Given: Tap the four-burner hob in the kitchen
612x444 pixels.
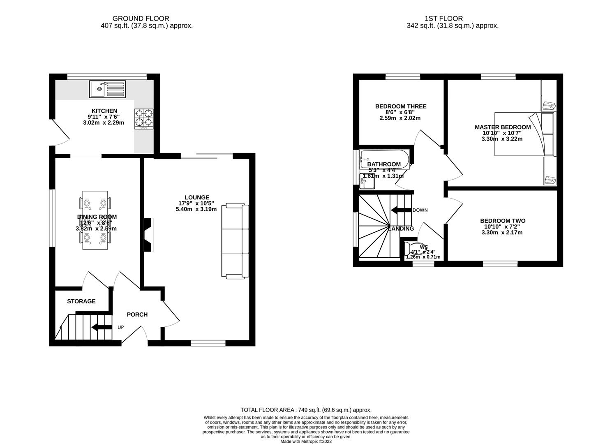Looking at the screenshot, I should point(143,119).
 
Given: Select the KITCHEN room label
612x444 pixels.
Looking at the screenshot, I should point(104,111).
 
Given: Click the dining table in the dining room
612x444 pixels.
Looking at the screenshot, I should point(95,220).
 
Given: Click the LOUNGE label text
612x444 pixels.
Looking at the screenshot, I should point(197,197).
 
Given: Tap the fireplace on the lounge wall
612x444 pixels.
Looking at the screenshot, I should point(149,234).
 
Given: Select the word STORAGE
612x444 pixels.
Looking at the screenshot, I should point(81,301).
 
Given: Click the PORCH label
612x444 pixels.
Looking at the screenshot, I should point(137,314).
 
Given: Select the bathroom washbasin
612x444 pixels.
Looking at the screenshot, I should point(367,181).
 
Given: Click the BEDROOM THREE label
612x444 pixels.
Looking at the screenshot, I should point(401,106).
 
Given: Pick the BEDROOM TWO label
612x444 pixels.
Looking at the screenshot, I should point(503,221).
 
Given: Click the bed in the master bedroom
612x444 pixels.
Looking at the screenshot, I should point(524,134).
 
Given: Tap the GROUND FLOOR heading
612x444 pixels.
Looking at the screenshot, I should point(141,18).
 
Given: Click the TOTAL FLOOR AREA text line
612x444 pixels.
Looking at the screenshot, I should point(306,410).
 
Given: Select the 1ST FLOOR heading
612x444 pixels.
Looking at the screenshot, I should point(443,18).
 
